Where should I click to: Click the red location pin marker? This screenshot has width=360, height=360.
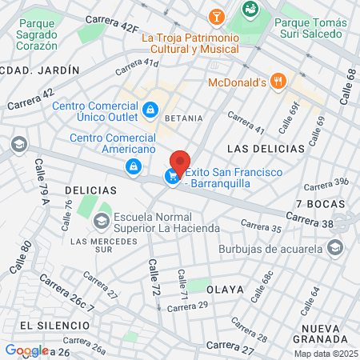(x=181, y=163)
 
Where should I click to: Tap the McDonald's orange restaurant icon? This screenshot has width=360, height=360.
(x=278, y=81)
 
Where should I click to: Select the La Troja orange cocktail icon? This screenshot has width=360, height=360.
(x=216, y=16)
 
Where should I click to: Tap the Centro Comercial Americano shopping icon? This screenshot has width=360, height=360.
(x=133, y=166)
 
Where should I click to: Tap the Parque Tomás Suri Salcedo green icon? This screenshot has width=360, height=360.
(x=250, y=10)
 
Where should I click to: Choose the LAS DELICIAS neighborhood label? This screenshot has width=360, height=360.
(x=266, y=149)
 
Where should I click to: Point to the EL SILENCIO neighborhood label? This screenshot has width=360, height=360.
(x=48, y=325)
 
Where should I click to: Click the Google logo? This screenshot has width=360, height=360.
(x=26, y=350)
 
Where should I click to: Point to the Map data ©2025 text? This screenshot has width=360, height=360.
(x=325, y=354)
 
